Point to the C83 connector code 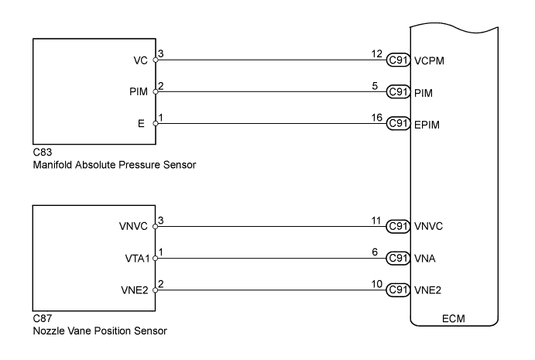tap(41, 155)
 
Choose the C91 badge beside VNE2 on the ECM tap(398, 290)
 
